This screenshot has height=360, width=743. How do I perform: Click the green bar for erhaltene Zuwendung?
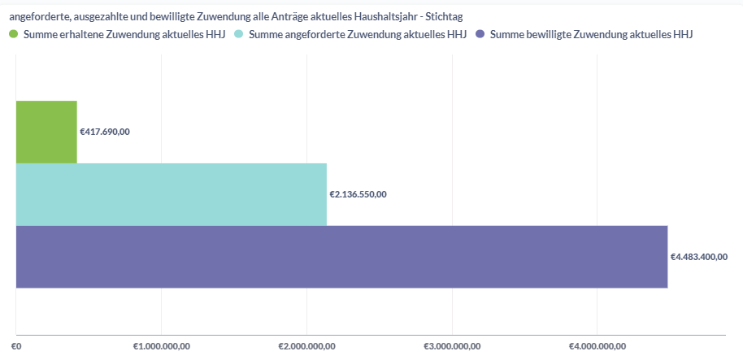(46, 132)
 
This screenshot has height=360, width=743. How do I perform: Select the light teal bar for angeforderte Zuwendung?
(171, 194)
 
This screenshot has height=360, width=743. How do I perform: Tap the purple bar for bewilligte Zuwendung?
(341, 257)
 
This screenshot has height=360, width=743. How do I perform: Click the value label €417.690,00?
(105, 132)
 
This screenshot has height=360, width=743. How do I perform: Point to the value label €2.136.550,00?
(358, 194)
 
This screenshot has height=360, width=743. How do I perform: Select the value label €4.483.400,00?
(698, 257)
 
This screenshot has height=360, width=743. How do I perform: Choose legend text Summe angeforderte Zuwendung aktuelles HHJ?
(358, 34)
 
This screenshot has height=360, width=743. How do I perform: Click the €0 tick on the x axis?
(16, 346)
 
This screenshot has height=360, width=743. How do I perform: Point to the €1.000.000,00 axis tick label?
(162, 346)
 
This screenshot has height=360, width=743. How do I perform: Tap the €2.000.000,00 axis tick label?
(306, 346)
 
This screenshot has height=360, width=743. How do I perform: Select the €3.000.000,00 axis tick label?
(452, 346)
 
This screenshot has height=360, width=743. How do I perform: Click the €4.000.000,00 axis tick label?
(597, 346)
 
